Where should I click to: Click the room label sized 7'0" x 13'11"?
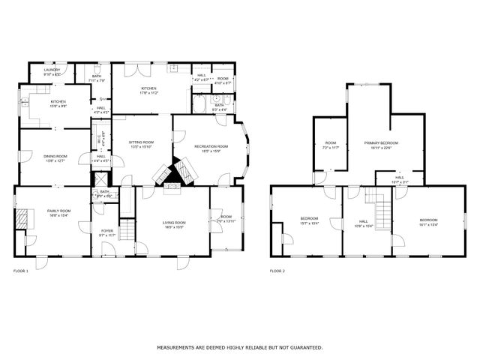tap(226, 219)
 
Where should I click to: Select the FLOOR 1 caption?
tap(20, 270)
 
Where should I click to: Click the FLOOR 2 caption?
tap(277, 270)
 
